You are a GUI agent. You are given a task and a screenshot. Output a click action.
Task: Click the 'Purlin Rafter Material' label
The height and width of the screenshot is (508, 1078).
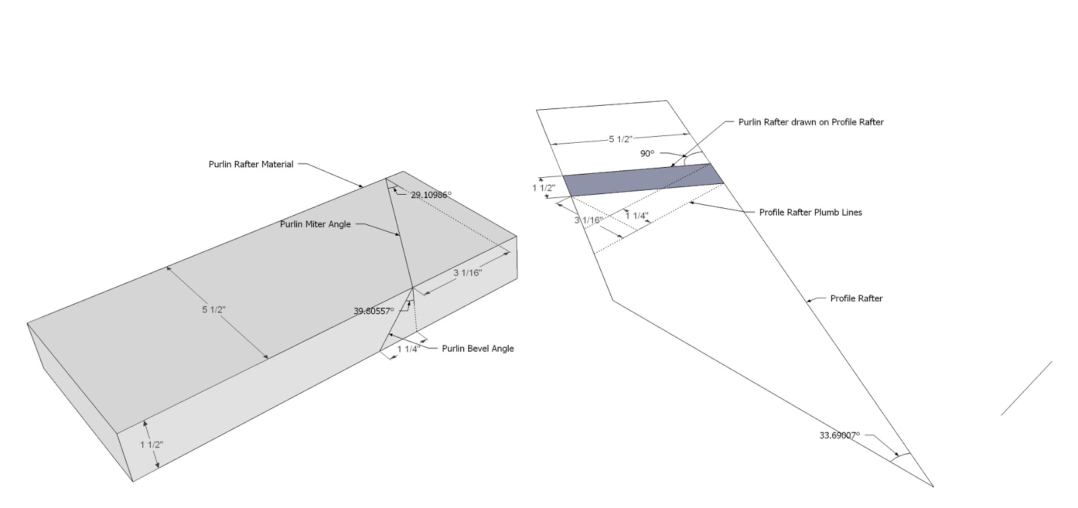coord(251,164)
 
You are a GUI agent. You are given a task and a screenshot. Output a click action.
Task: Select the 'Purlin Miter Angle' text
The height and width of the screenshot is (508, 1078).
coord(315,224)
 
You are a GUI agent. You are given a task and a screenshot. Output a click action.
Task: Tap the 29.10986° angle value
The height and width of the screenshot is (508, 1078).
coord(431,195)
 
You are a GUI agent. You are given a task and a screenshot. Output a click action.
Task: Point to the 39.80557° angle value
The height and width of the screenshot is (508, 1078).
coord(373,311)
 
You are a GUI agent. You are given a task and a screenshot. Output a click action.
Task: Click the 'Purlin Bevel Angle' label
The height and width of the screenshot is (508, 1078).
coord(478,348)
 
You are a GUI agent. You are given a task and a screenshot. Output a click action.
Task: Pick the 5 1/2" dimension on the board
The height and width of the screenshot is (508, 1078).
coord(214,310)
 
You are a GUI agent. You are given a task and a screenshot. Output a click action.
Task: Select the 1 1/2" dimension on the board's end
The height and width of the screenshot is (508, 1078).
coord(152,444)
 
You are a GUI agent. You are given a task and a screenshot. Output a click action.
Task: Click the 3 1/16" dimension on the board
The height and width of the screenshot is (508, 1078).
coord(467,273)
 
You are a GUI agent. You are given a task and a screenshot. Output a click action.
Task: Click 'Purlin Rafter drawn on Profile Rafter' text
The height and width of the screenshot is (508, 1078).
coord(811,122)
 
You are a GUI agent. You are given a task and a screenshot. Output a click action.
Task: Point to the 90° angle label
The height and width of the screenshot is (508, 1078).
coord(647,154)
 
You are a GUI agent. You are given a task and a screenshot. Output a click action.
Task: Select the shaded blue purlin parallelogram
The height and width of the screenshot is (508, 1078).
coord(643,180)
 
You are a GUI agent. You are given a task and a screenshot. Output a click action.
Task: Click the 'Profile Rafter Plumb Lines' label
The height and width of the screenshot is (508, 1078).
coord(811,212)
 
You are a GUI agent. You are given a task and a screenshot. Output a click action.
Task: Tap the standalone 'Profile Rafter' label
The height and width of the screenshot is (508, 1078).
coord(856,298)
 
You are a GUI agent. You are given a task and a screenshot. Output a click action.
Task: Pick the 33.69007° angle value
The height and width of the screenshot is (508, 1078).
coord(839,435)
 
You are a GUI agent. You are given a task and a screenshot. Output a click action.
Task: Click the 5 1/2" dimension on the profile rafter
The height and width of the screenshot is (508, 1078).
coord(621,139)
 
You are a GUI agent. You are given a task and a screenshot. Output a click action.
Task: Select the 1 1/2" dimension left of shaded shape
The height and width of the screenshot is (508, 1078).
coord(543,188)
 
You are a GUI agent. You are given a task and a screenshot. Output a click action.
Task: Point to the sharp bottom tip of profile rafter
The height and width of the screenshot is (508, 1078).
coord(932,486)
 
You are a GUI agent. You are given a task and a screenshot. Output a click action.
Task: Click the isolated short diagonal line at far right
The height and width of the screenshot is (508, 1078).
coord(1026,388)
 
